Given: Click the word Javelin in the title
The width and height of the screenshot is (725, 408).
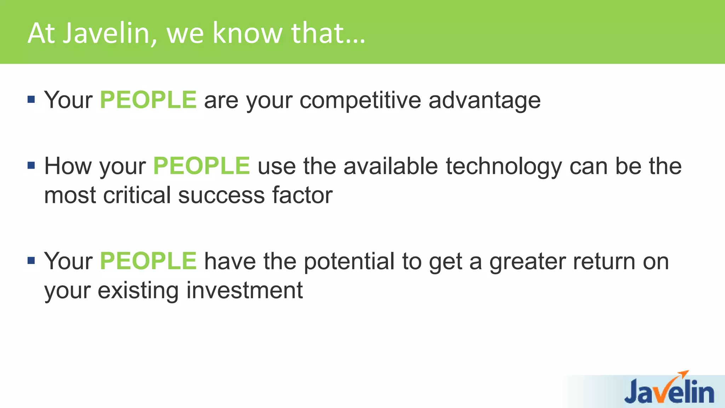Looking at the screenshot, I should click(x=110, y=33).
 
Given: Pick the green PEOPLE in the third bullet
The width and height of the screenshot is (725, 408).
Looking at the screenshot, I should click(x=148, y=261).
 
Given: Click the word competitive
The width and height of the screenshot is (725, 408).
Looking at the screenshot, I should click(x=360, y=101).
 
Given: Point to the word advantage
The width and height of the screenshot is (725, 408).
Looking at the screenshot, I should click(x=484, y=101).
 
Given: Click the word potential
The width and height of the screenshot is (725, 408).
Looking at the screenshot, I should click(x=349, y=262).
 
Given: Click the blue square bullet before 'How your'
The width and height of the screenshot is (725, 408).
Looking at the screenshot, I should click(x=31, y=165).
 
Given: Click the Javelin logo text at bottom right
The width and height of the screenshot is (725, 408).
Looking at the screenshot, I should click(x=669, y=392).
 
